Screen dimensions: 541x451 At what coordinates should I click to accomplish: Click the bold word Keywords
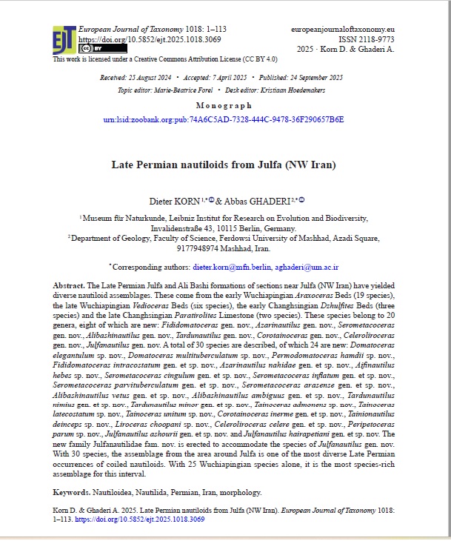point(73,492)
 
